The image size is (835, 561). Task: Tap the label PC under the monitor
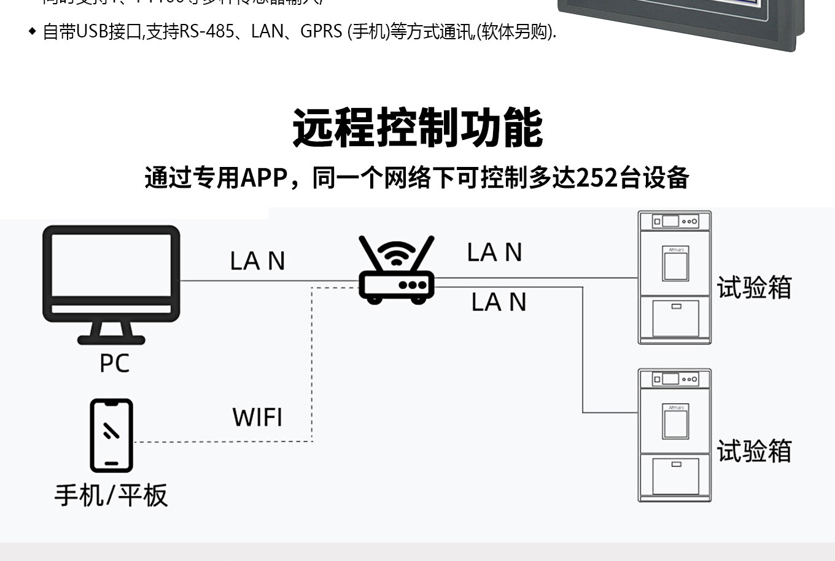click(114, 363)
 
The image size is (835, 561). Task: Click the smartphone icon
click(111, 435)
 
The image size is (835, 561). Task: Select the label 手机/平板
click(111, 495)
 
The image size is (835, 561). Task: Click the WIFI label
click(257, 417)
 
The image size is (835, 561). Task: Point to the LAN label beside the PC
click(257, 261)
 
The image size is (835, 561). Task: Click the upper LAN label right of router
click(494, 252)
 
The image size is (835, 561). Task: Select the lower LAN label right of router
click(499, 302)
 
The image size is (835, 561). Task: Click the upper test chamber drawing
click(674, 277)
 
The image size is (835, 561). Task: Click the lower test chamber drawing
click(674, 435)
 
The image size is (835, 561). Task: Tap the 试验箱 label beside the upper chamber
click(754, 287)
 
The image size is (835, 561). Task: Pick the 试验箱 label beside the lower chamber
click(754, 451)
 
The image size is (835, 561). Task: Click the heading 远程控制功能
click(417, 128)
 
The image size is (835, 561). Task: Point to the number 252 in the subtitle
click(597, 178)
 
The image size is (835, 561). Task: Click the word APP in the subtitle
click(264, 178)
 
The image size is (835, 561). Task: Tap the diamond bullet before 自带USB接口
click(33, 32)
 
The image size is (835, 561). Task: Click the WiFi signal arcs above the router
click(397, 253)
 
